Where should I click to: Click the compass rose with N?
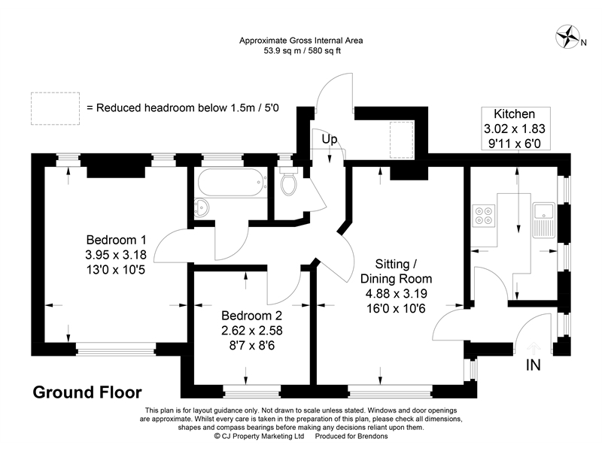point(569,35)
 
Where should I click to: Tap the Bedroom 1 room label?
point(116,241)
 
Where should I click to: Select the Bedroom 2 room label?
point(251,316)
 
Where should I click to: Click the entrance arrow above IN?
point(534,347)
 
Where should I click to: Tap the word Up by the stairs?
point(330,140)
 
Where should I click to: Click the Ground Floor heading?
point(87,392)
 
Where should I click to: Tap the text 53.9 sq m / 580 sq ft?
point(300,52)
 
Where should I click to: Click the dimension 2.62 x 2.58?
point(251,329)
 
